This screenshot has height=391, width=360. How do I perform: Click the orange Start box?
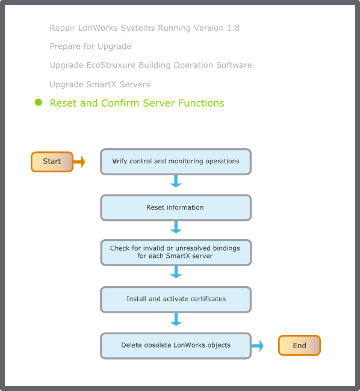click(x=52, y=162)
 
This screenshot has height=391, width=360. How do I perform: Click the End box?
click(x=299, y=345)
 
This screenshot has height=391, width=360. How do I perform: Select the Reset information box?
click(x=176, y=208)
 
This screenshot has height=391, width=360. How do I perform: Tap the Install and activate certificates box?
click(x=176, y=299)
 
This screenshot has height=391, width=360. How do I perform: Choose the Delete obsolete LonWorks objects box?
click(x=176, y=346)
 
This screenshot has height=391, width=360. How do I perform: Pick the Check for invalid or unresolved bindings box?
click(x=176, y=252)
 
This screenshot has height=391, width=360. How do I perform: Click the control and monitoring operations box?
click(x=176, y=161)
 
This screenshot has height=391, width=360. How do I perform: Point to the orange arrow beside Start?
click(x=79, y=162)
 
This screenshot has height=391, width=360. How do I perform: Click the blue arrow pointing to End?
click(x=257, y=346)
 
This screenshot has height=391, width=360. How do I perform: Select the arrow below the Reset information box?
click(x=176, y=227)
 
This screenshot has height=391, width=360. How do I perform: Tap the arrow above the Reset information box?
click(x=176, y=181)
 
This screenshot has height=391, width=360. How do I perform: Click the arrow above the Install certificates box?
click(x=176, y=272)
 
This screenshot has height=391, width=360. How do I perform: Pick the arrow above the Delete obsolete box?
click(x=176, y=320)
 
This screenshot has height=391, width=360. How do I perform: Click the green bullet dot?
click(x=39, y=102)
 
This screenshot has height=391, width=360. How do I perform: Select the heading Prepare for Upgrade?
click(x=90, y=46)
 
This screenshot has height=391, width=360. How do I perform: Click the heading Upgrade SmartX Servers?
click(x=100, y=84)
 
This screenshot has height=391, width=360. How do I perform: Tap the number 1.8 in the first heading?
click(x=233, y=28)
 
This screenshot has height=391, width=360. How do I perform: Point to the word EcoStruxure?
click(x=111, y=65)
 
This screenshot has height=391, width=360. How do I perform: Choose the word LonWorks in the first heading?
click(x=98, y=28)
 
